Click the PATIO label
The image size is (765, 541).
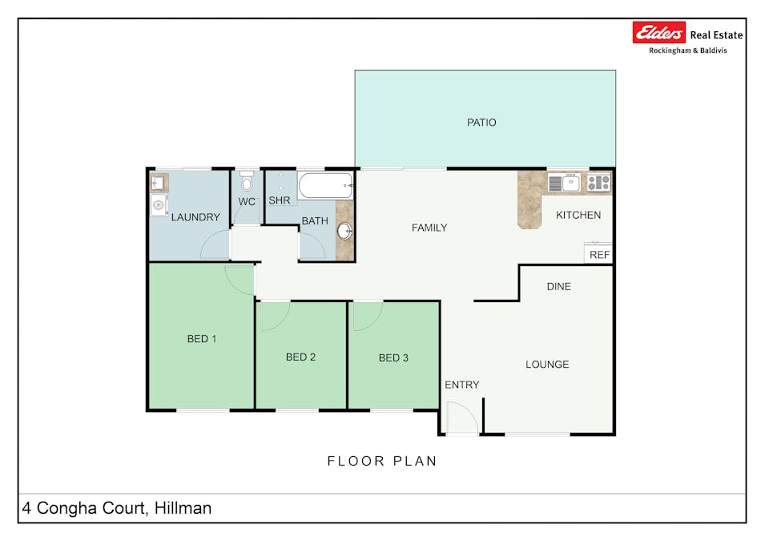point(481,123)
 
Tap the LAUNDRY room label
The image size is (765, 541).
point(195,217)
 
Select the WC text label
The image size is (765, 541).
point(247,202)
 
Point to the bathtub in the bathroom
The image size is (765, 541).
point(324,186)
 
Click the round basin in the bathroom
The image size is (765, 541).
point(344,232)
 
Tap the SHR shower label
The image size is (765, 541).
point(279,200)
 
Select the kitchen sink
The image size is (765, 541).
point(570,183)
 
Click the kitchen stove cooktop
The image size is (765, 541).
point(598,183)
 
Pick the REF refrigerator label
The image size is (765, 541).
point(599,255)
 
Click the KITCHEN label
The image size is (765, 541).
point(578,215)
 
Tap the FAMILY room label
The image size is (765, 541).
point(429,228)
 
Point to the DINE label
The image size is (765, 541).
point(558,286)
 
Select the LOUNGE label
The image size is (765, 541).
point(547,365)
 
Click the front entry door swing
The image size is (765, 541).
point(460,418)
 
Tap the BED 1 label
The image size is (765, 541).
point(202,339)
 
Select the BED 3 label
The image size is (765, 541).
point(393,357)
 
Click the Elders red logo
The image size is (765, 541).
point(659,33)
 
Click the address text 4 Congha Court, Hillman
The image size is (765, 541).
point(117,508)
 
